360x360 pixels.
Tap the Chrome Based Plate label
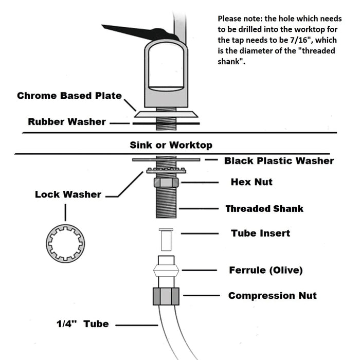pos(69,96)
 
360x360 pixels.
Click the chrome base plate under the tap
pos(166,114)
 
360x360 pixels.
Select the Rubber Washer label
pos(67,122)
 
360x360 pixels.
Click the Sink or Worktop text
pos(171,145)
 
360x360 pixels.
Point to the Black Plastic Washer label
pos(279,160)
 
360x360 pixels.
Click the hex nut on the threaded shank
pos(166,183)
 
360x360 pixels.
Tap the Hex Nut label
pos(251,182)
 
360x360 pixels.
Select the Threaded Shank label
pos(264,209)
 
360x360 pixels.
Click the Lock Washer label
pos(68,194)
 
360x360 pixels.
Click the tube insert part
pos(166,240)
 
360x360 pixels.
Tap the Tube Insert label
pos(260,233)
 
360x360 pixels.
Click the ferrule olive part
pos(166,270)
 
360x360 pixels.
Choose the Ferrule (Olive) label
pos(266,270)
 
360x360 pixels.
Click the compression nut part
pos(166,296)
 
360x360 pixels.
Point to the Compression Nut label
pos(273,296)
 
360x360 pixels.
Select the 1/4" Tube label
pos(83,324)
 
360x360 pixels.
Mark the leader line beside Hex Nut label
pos(200,183)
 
